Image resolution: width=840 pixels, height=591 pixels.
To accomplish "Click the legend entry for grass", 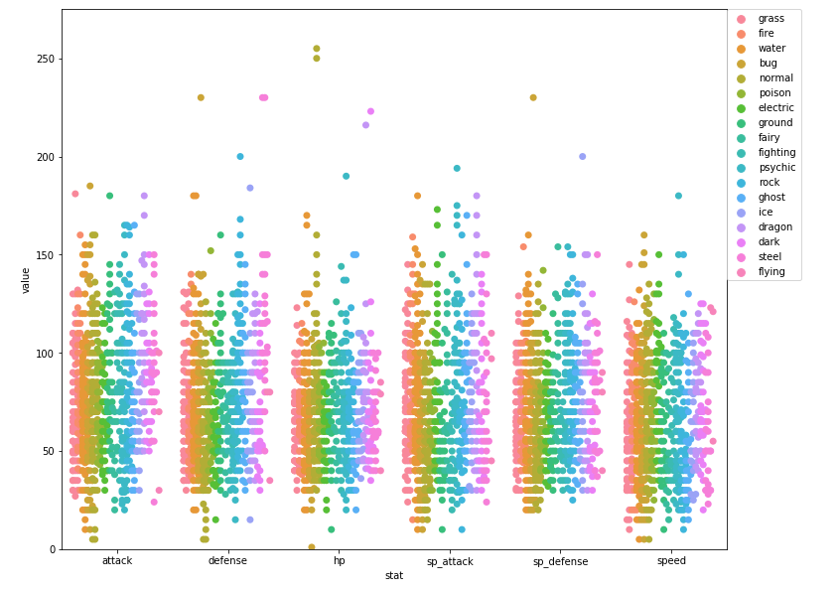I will pyautogui.click(x=770, y=19).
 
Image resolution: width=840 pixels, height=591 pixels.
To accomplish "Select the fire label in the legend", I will pyautogui.click(x=766, y=33).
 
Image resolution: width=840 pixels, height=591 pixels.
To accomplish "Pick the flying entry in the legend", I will pyautogui.click(x=770, y=271).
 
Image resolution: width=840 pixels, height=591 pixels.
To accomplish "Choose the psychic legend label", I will pyautogui.click(x=775, y=167).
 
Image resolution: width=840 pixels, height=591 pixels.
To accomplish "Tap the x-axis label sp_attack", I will pyautogui.click(x=450, y=561).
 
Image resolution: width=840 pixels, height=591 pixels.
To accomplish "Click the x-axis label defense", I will pyautogui.click(x=227, y=561).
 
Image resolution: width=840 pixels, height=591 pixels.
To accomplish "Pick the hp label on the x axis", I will pyautogui.click(x=339, y=561).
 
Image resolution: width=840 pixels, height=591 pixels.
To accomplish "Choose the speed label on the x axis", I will pyautogui.click(x=671, y=561).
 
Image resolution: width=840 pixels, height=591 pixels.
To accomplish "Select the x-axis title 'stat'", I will pyautogui.click(x=394, y=576).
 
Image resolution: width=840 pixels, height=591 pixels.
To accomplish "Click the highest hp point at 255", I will pyautogui.click(x=317, y=49).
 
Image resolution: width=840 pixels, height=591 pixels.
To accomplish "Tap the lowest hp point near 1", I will pyautogui.click(x=312, y=547).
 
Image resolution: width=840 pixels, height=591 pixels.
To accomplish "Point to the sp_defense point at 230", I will pyautogui.click(x=533, y=97).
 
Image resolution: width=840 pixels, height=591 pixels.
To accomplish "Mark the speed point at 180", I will pyautogui.click(x=679, y=196).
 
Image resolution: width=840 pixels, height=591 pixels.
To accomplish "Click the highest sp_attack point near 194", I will pyautogui.click(x=457, y=169).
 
